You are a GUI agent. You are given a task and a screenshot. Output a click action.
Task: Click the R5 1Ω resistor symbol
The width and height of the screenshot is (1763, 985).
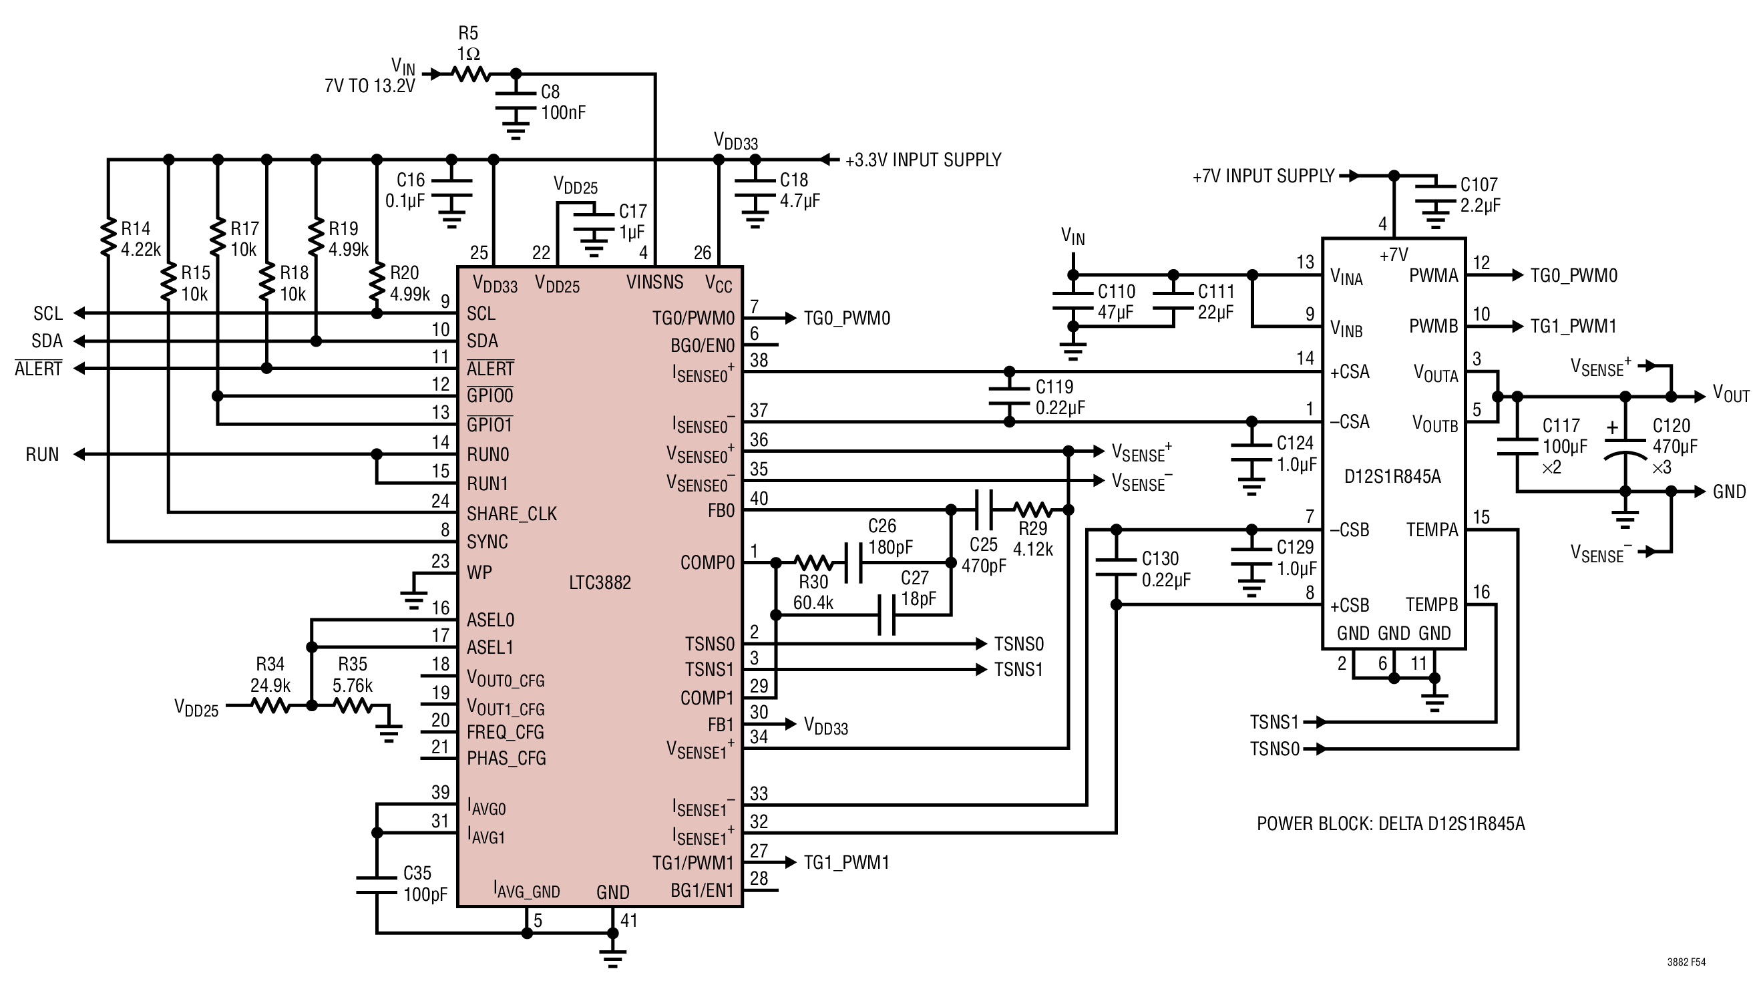(x=471, y=73)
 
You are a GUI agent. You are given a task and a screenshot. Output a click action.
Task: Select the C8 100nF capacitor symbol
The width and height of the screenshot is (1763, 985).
(x=516, y=101)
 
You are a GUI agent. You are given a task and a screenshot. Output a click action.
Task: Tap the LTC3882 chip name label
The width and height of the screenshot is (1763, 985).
(x=600, y=582)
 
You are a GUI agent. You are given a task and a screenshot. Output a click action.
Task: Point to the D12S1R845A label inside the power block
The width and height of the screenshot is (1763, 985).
(x=1392, y=476)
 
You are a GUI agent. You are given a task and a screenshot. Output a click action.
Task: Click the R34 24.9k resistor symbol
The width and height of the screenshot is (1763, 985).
(x=272, y=705)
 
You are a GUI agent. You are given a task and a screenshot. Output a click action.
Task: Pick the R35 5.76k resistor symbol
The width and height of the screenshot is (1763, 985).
(x=353, y=705)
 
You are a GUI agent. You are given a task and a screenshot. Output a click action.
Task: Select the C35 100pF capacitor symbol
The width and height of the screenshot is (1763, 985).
(x=377, y=885)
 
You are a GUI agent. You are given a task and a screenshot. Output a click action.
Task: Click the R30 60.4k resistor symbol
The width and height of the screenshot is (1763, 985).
(x=814, y=563)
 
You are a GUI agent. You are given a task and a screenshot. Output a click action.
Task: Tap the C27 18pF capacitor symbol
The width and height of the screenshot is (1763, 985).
(x=886, y=614)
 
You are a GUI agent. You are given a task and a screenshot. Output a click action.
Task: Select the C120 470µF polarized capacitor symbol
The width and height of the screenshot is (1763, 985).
(x=1625, y=445)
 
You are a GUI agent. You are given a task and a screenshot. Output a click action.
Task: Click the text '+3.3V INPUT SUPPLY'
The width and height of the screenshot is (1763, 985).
(x=924, y=160)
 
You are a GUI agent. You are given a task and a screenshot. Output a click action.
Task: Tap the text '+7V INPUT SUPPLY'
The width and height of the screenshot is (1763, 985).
(x=1263, y=176)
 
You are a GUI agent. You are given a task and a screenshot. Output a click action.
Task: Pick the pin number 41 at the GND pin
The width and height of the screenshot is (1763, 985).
(x=629, y=921)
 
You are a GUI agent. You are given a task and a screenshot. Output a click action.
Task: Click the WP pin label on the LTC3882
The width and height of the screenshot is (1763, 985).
(x=479, y=572)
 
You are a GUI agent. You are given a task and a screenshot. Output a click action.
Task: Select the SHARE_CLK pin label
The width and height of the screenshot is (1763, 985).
(x=512, y=514)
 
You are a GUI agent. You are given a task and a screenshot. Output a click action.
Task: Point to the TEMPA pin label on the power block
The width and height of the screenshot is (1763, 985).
(x=1432, y=530)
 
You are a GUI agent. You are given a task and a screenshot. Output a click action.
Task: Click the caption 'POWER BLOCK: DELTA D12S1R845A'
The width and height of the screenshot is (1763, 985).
(x=1390, y=823)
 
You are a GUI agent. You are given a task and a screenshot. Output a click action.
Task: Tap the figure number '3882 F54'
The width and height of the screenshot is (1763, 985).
(x=1686, y=962)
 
